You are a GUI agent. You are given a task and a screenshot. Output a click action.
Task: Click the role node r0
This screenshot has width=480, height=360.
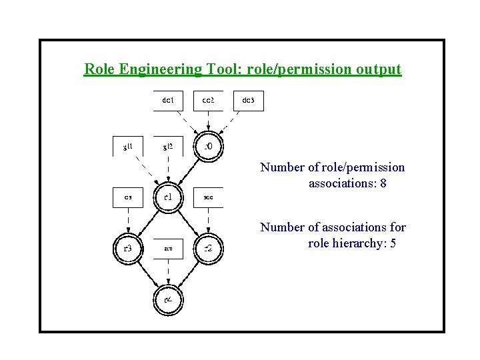(208, 146)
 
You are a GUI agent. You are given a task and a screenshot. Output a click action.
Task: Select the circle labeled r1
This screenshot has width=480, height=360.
(168, 197)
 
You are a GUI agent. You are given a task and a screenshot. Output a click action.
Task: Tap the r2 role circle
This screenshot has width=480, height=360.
(208, 249)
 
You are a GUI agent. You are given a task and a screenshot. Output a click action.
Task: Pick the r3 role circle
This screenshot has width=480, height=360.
(128, 249)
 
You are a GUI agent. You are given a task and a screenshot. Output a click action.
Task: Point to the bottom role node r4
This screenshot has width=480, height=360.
(168, 299)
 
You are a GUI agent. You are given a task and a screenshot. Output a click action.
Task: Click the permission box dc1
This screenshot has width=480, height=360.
(168, 101)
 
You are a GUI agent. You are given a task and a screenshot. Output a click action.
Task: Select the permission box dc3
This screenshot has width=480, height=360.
(248, 101)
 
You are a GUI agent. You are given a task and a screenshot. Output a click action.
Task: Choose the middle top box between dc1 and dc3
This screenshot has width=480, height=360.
(208, 101)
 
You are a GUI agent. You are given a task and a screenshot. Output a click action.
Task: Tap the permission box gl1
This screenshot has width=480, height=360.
(128, 146)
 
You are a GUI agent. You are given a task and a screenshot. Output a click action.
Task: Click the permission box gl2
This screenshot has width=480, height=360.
(168, 146)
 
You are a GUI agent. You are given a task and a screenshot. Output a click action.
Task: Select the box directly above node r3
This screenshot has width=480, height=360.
(128, 197)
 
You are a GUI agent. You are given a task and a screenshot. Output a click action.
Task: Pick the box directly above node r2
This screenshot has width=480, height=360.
(208, 197)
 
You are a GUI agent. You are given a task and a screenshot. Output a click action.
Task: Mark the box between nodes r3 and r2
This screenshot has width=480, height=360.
(168, 249)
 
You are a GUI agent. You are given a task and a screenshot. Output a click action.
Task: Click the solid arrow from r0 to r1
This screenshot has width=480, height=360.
(188, 171)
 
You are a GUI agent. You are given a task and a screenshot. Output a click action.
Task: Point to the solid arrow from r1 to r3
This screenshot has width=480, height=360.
(148, 223)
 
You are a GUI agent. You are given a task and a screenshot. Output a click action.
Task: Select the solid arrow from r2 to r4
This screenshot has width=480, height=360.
(188, 274)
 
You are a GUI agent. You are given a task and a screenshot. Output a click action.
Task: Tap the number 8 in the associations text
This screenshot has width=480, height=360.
(383, 183)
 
